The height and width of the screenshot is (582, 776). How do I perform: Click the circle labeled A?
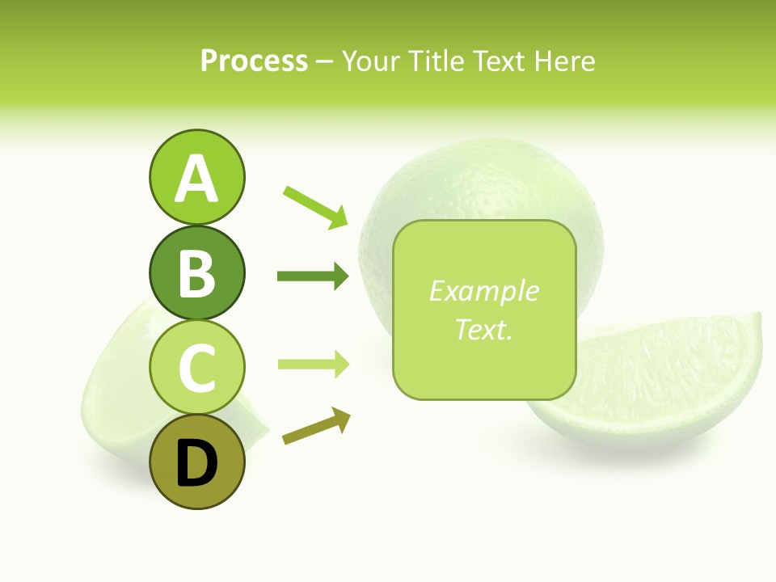pos(196,177)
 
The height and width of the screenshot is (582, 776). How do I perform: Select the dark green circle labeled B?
pos(196,272)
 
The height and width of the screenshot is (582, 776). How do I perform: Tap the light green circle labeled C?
pos(196,368)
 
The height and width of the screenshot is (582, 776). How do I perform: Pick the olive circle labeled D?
pos(196,462)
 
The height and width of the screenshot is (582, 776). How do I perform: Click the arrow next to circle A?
pos(315,207)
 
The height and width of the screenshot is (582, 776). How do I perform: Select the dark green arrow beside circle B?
pos(313,276)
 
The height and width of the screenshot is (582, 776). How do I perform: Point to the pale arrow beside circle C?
pos(313,364)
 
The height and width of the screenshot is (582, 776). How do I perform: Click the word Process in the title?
pos(254,61)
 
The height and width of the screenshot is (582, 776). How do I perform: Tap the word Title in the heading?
pos(436,61)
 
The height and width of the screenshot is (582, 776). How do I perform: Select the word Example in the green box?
pos(483,291)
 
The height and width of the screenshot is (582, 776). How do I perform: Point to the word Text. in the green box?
pos(483,329)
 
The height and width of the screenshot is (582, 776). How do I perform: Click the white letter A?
pos(196,179)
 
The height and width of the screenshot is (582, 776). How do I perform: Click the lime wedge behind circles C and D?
pos(113,388)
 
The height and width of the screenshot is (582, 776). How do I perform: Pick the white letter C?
pos(196,369)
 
